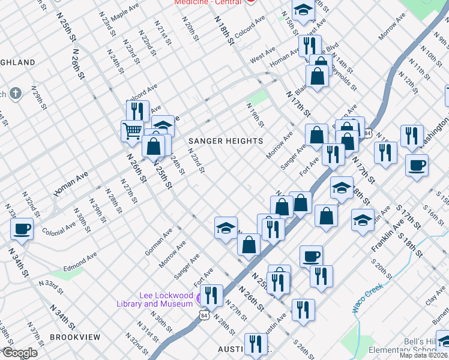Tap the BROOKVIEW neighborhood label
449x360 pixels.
coord(75,337)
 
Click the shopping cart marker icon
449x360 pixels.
coord(131,130)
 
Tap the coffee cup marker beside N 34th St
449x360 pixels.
coord(22,229)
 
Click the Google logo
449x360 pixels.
coord(20,353)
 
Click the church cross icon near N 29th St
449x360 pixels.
coord(15,94)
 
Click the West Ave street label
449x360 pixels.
coord(262,58)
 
